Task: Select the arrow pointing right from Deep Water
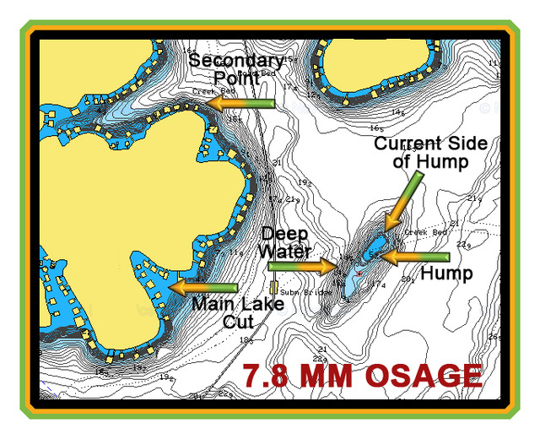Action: click(303, 266)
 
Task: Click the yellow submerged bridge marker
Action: click(273, 287)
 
